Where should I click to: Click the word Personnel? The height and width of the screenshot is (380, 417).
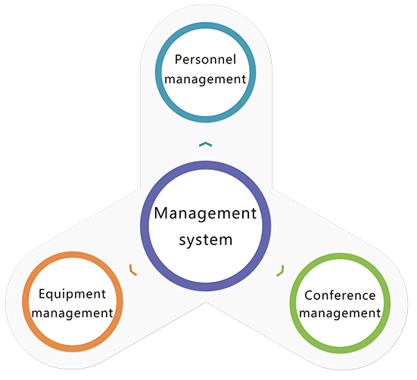coord(205,60)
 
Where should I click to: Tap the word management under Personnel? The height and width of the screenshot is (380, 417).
coord(205,79)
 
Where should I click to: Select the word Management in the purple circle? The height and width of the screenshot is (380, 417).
coord(205,213)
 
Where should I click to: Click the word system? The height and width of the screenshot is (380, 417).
coord(206,239)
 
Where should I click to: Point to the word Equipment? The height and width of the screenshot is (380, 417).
coord(72,295)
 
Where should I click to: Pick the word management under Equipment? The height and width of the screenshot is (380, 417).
coord(73,314)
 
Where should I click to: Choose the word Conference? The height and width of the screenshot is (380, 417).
coord(340,295)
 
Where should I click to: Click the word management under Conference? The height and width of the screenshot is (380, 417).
coord(340,314)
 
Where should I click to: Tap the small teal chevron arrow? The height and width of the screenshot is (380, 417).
coord(206,144)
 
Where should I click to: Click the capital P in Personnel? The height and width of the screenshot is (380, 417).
coord(178,60)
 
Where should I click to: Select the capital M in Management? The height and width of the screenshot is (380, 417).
coord(162,213)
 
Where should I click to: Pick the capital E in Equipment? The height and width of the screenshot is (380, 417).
coord(42,294)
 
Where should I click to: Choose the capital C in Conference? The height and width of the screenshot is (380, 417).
coord(309,295)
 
